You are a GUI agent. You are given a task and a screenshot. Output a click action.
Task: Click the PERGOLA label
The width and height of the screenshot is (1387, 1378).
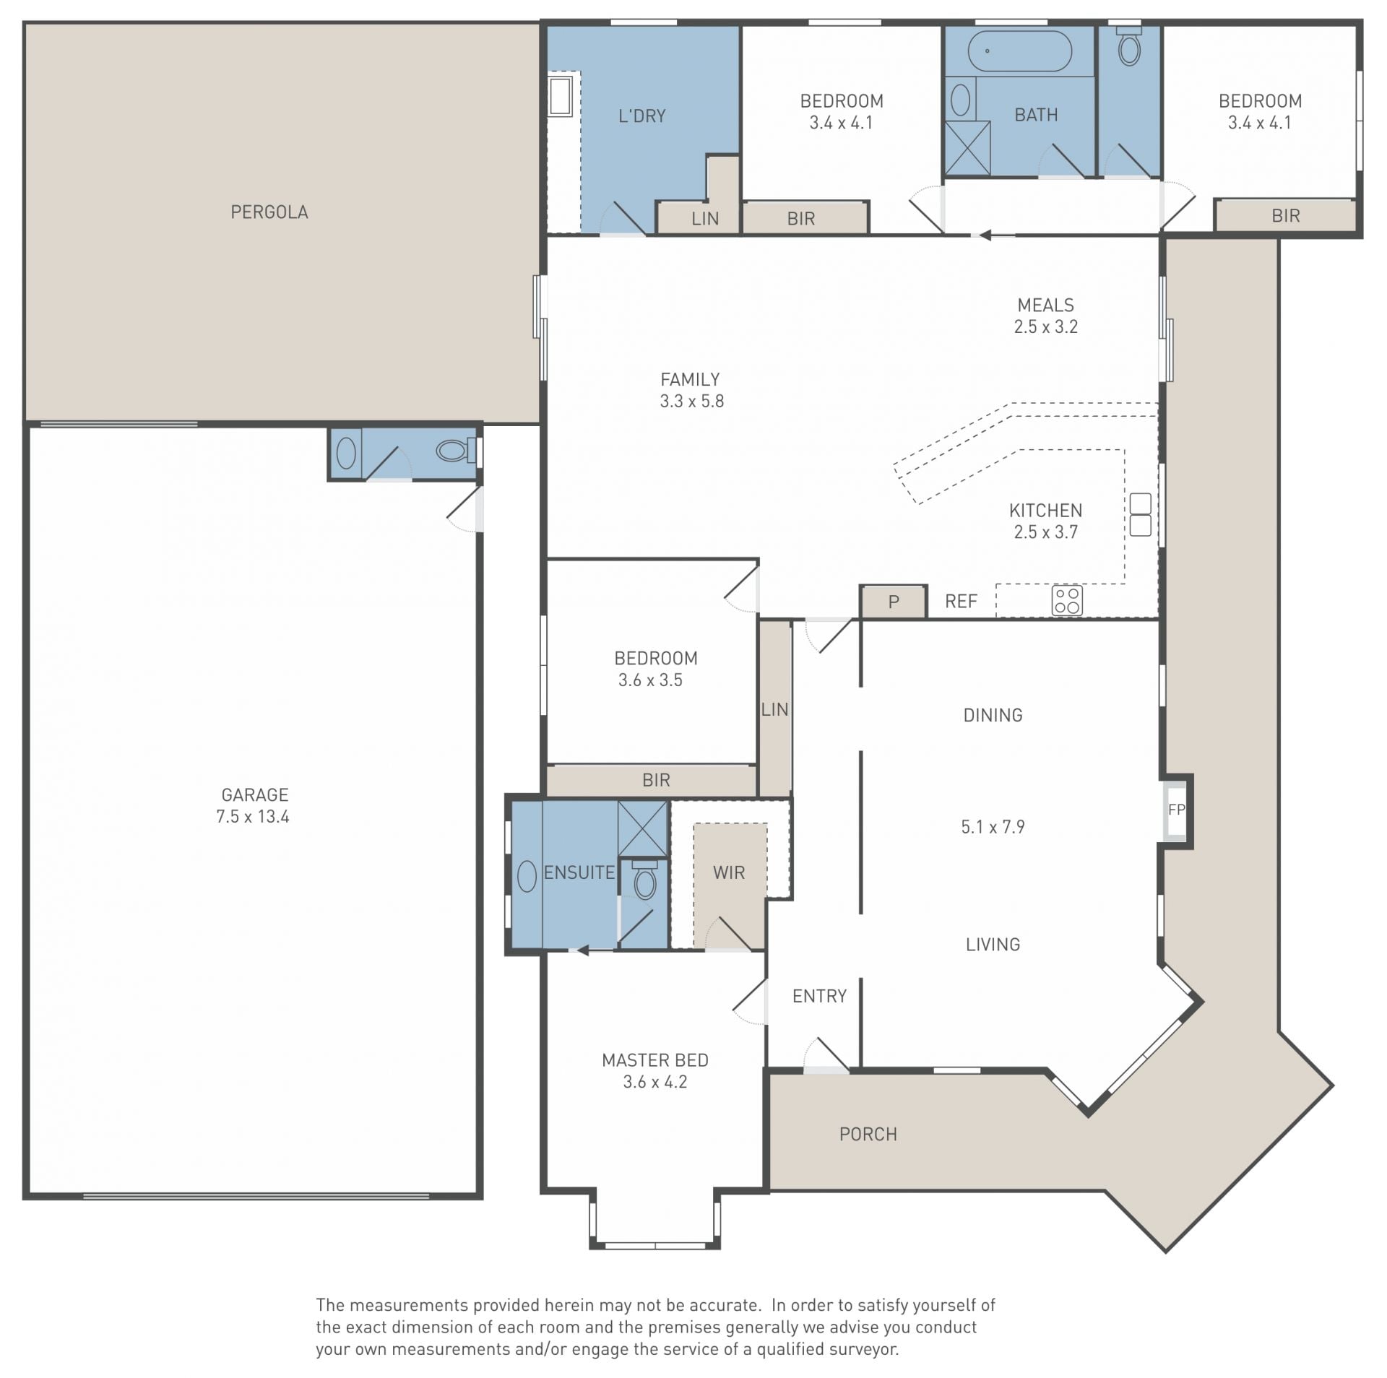[269, 212]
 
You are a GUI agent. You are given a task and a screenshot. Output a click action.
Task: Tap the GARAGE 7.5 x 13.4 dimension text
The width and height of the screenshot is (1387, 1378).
[253, 817]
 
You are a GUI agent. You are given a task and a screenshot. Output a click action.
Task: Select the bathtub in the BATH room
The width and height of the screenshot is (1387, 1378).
[1019, 51]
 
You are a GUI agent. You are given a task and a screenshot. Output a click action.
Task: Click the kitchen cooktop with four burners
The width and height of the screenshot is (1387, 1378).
[1067, 600]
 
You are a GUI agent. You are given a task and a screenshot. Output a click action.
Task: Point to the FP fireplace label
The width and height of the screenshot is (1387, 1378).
[1177, 810]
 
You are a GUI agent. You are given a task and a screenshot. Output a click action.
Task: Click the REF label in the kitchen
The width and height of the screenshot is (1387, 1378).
[961, 602]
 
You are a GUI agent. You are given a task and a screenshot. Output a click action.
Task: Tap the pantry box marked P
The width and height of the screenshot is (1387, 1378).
[894, 602]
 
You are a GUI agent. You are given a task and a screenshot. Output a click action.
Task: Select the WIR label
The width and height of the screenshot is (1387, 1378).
[729, 872]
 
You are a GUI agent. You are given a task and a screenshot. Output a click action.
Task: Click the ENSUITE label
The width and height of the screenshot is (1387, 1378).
[579, 872]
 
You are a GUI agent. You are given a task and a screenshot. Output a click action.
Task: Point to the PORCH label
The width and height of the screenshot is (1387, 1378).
[868, 1134]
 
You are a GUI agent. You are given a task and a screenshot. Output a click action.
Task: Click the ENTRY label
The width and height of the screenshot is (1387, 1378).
[819, 996]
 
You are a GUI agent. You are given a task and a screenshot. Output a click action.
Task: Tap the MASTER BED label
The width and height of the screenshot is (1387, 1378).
[655, 1060]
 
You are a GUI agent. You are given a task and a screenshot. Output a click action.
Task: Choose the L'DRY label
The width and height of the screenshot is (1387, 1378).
[642, 116]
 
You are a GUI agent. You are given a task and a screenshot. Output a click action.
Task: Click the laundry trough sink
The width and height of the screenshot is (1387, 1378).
[561, 97]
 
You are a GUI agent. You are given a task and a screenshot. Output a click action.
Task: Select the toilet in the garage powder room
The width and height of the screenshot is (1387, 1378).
[453, 451]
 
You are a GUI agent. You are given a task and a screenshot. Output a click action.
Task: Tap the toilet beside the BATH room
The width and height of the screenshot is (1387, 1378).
[1129, 45]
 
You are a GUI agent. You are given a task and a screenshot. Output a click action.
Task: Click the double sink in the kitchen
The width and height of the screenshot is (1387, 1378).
[1140, 514]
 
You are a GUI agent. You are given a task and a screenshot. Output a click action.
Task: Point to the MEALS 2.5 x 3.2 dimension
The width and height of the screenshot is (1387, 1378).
[1045, 327]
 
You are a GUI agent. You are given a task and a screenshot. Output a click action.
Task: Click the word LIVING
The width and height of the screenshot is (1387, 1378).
[993, 944]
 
